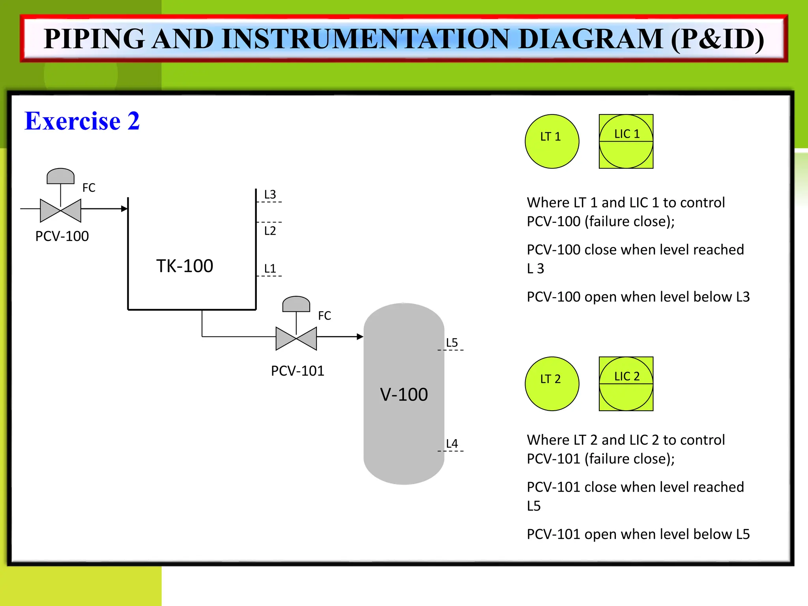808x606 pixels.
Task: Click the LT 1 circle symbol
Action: pos(552,141)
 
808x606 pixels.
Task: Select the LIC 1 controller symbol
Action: pos(626,141)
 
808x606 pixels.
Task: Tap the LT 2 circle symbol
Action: pos(552,383)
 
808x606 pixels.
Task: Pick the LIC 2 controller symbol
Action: pos(626,383)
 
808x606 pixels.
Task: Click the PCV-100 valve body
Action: pos(61,210)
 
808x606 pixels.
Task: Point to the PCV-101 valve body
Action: pos(296,339)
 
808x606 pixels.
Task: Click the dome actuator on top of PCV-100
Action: pos(60,176)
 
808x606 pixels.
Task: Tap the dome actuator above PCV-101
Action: pos(296,304)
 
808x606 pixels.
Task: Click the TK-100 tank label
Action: pos(185,266)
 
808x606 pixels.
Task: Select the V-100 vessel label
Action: pos(404,395)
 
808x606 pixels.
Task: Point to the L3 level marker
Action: pos(270,195)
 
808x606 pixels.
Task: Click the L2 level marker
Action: pos(270,231)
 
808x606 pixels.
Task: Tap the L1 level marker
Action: pos(270,269)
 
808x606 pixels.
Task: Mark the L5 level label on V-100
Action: pos(452,342)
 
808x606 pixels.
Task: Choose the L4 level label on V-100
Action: pos(452,443)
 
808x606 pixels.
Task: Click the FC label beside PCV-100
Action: pos(89,188)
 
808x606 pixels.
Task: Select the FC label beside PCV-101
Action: pos(324,316)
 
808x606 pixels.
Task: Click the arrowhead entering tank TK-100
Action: pos(124,209)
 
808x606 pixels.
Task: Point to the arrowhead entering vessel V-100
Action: pos(360,337)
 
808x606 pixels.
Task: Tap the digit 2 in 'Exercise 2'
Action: pos(133,121)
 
